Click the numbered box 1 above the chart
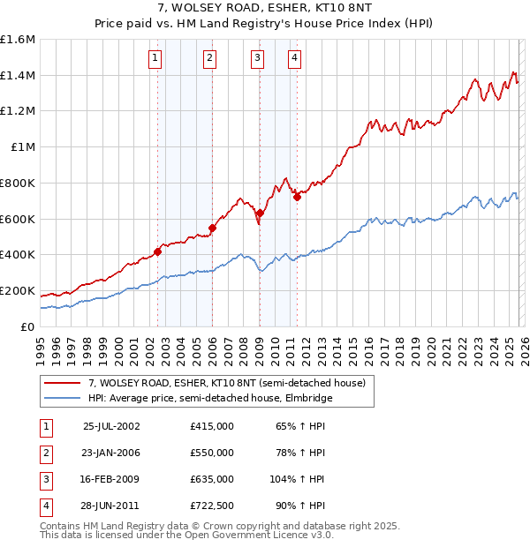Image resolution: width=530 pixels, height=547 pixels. [x=155, y=59]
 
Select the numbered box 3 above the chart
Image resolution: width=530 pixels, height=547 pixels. [x=257, y=59]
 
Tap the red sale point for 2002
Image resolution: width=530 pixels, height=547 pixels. [x=158, y=251]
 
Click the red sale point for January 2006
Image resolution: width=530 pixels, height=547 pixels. [x=212, y=228]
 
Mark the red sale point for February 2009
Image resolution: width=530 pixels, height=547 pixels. [x=260, y=213]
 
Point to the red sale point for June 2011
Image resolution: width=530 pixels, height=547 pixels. [x=297, y=197]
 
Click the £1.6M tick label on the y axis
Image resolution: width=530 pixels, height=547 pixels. [x=18, y=40]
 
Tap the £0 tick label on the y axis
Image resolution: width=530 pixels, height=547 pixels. [x=28, y=326]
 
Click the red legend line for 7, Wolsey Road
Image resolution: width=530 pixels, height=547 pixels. [x=63, y=383]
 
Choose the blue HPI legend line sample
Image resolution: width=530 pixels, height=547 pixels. [x=63, y=398]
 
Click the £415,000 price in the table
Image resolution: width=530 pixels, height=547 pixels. [x=211, y=425]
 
